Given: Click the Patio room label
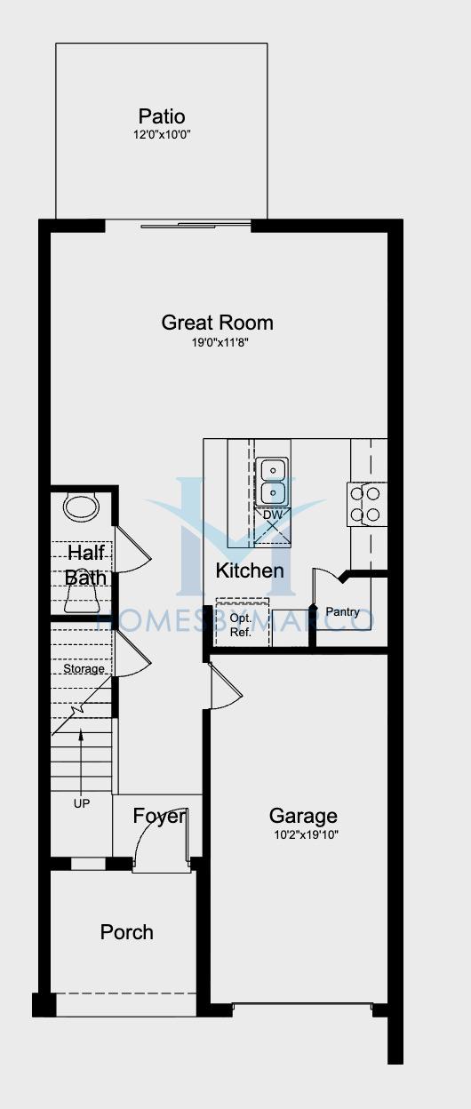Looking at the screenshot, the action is pos(162,116).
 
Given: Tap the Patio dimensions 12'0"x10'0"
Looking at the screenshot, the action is pos(162,134).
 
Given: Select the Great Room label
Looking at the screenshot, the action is pos(218,323).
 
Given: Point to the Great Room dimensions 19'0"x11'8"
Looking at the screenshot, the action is pos(220,343).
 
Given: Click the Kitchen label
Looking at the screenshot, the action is pos(250,570).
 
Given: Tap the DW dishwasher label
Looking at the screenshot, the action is pos(273,515).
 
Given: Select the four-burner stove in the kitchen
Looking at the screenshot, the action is pos(366,504).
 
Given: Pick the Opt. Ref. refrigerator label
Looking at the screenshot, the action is pos(241,626).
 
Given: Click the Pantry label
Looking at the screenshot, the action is pos(343,612).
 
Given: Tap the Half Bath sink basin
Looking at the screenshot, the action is pos(82,507).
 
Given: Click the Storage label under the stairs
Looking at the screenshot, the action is pos(84,669).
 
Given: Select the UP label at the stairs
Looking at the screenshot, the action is pos(82,803).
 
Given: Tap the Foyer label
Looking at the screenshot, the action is pos(159,816).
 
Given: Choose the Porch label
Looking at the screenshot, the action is pos(127,932).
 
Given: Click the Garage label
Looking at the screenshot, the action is pos(303,816).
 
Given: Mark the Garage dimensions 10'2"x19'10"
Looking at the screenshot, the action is pos(306,835).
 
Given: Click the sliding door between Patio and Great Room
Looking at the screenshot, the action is pos(179,226).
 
